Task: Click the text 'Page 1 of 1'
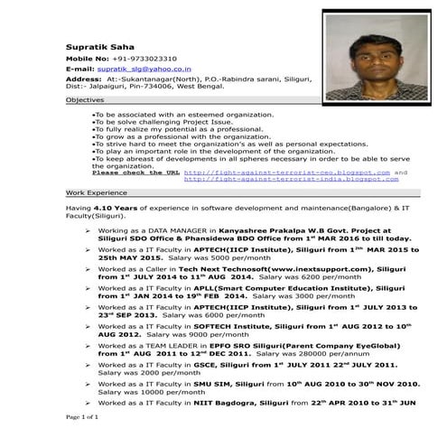[82, 419]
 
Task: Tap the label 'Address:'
[84, 80]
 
